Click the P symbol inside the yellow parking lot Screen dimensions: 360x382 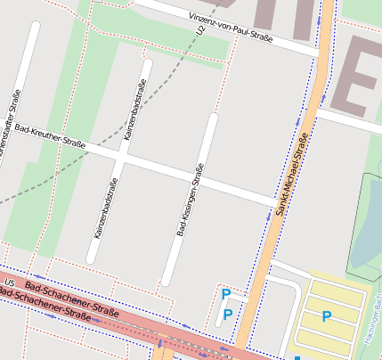[x=326, y=316]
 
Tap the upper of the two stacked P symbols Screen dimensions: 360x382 [x=226, y=294]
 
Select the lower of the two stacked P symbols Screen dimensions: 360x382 [x=227, y=315]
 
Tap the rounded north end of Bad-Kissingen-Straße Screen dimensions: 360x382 [x=212, y=118]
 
